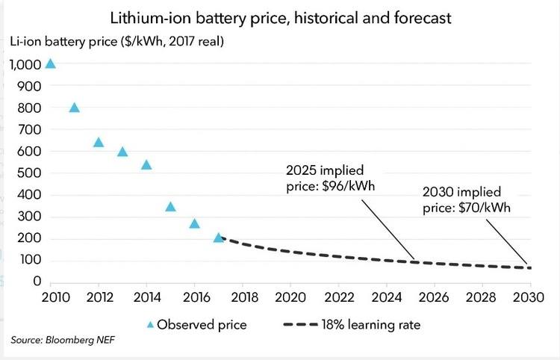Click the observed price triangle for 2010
pos(50,63)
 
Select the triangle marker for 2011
pos(74,108)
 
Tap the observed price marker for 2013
pos(122,152)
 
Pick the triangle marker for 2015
pos(170,207)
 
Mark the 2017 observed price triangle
pos(218,238)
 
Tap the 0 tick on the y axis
pos(36,282)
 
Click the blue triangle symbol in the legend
pos(150,325)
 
